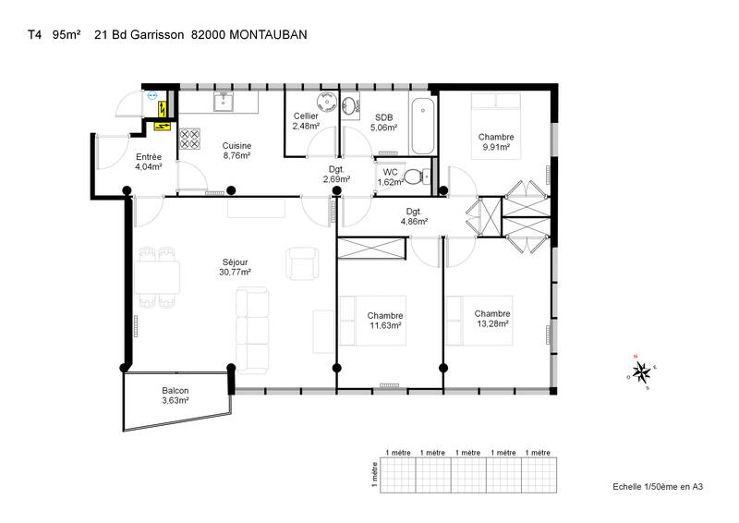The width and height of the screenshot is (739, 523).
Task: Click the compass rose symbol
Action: (x=641, y=372)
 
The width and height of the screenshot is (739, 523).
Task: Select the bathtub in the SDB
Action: (x=423, y=126)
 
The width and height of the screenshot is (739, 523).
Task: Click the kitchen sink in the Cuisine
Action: (x=223, y=102)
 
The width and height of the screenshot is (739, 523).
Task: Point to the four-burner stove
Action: (x=189, y=139)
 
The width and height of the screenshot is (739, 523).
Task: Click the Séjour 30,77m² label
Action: (x=235, y=267)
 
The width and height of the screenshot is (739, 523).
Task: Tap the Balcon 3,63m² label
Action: (x=176, y=395)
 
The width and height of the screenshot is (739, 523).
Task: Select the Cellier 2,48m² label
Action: (x=306, y=121)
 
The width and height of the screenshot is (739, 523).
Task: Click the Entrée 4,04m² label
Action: (x=149, y=162)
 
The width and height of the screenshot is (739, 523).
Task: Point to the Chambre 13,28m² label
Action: (x=492, y=318)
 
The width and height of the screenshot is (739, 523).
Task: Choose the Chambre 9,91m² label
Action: (x=496, y=141)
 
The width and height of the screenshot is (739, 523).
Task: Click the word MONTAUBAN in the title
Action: (x=268, y=35)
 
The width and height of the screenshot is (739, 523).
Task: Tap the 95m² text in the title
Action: (x=67, y=35)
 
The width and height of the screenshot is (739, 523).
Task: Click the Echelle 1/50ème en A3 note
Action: (x=658, y=487)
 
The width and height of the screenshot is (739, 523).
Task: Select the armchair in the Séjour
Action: (x=302, y=263)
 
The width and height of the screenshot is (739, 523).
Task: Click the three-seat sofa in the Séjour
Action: (x=252, y=330)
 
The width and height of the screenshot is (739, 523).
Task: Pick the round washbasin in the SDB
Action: (x=349, y=106)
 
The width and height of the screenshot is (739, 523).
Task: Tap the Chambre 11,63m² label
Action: (x=385, y=321)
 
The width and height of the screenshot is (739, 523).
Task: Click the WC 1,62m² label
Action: (x=390, y=176)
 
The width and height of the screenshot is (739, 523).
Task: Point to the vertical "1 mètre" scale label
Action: (x=375, y=474)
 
